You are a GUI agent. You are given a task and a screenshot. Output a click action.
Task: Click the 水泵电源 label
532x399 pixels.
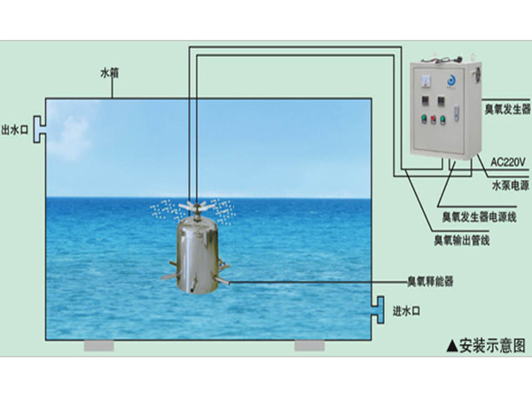510,186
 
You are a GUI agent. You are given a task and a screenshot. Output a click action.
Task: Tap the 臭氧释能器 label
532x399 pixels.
430,282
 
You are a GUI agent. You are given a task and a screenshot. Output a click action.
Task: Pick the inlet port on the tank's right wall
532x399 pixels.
376,306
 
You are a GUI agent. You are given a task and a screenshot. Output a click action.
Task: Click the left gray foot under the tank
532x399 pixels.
98,346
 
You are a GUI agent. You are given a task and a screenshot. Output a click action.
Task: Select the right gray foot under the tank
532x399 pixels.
309,346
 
